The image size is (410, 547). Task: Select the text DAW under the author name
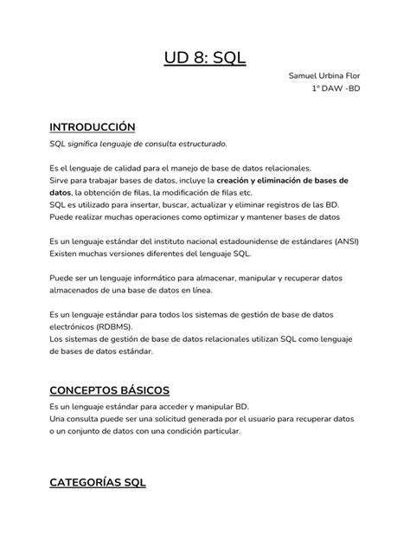tap(333, 88)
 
